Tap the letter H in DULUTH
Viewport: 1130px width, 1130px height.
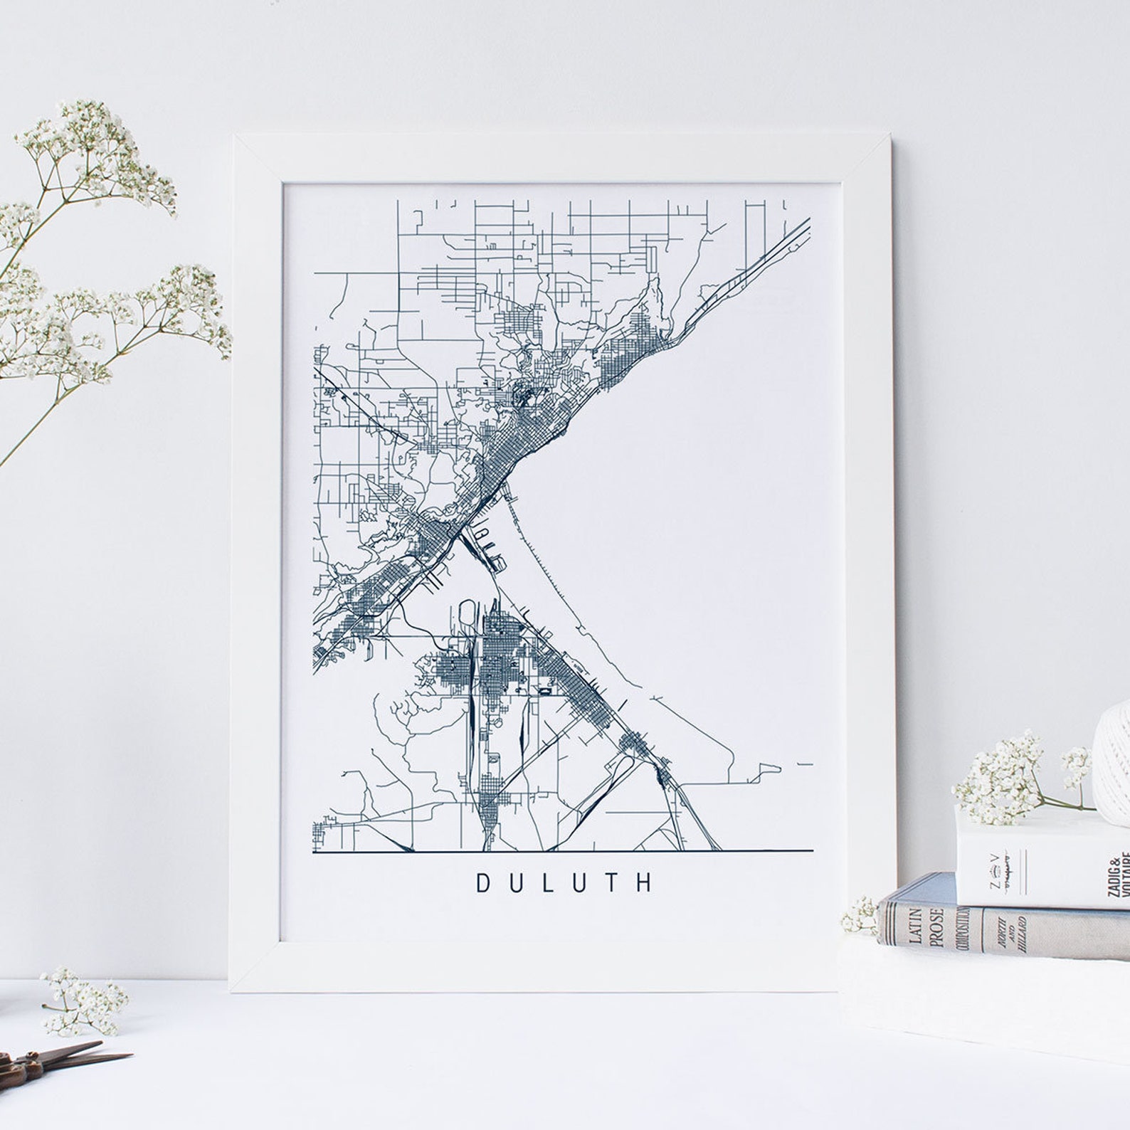click(645, 883)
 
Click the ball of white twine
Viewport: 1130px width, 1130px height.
click(1113, 754)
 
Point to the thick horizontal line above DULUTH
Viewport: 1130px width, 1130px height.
click(562, 851)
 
